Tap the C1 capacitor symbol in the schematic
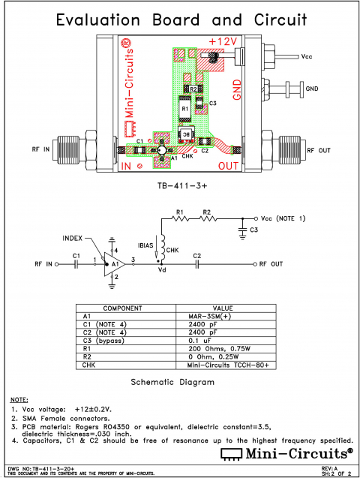(76, 264)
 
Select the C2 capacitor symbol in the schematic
(196, 264)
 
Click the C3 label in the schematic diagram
(254, 229)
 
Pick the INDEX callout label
(73, 238)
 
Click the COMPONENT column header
(121, 308)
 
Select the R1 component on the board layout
(184, 110)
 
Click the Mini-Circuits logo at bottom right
(286, 452)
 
